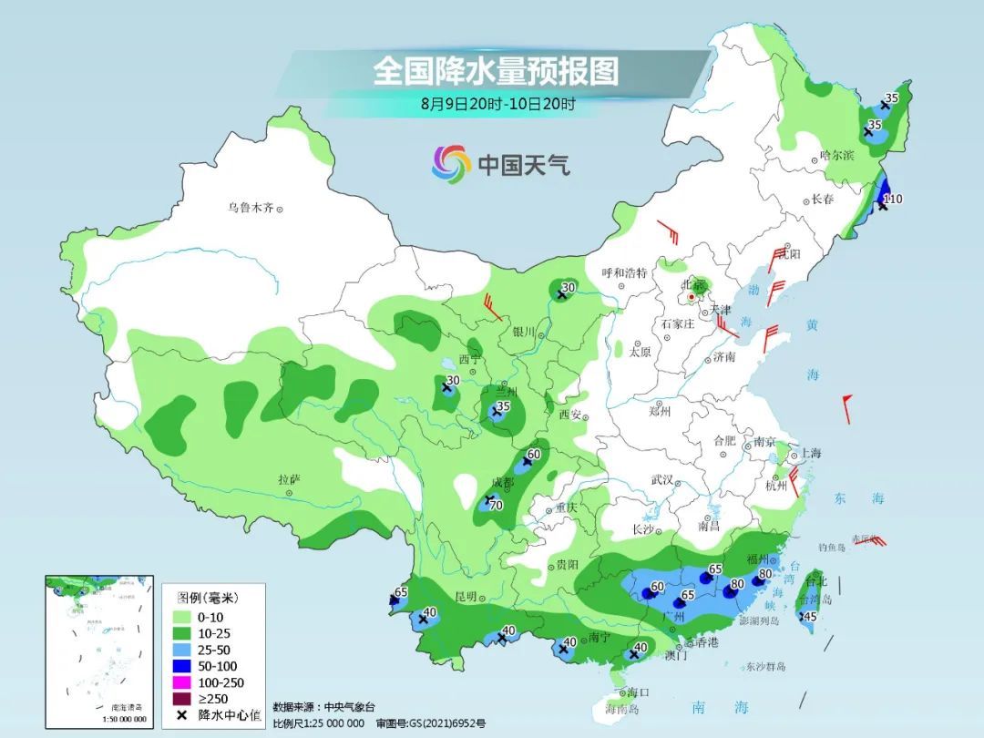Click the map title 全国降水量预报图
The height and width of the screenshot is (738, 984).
[x=496, y=70]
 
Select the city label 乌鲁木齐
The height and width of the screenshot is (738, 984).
[x=251, y=208]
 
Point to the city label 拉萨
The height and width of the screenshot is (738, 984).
[x=289, y=479]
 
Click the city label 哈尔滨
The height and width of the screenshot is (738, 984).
[x=836, y=156]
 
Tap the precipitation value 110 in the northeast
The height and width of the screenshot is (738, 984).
[x=893, y=199]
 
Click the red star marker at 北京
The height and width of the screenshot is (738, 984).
[x=692, y=296]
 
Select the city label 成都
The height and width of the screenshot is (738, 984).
[x=502, y=481]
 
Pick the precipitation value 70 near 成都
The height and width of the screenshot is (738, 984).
[x=497, y=506]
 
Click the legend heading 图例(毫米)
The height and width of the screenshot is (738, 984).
[x=207, y=599]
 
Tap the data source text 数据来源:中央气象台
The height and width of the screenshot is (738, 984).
[x=323, y=707]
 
